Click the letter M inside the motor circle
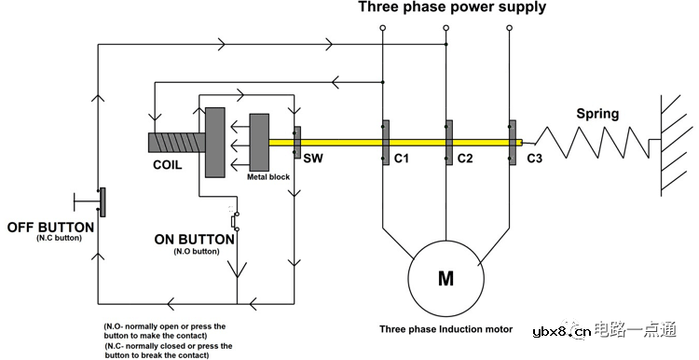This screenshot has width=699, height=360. (x=445, y=278)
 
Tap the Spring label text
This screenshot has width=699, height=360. (x=597, y=114)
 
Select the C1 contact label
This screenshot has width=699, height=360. (x=401, y=158)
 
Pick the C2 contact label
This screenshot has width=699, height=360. (x=464, y=158)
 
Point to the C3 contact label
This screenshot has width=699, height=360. (x=535, y=158)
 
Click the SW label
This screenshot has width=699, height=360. (x=313, y=158)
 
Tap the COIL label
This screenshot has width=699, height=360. (x=167, y=165)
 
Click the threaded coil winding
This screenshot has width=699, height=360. (x=176, y=143)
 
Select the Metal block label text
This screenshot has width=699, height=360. (x=268, y=177)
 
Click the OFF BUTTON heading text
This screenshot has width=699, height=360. (x=50, y=227)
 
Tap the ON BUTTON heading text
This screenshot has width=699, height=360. (x=195, y=240)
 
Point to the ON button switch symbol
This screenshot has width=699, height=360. (x=235, y=220)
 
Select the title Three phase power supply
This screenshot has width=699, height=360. (x=452, y=7)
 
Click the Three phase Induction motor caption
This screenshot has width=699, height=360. (x=445, y=329)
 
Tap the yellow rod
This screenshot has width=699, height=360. (x=395, y=143)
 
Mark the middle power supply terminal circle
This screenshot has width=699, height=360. (x=445, y=28)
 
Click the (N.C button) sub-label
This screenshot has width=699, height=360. (x=60, y=238)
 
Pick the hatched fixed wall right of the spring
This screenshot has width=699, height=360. (x=670, y=145)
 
